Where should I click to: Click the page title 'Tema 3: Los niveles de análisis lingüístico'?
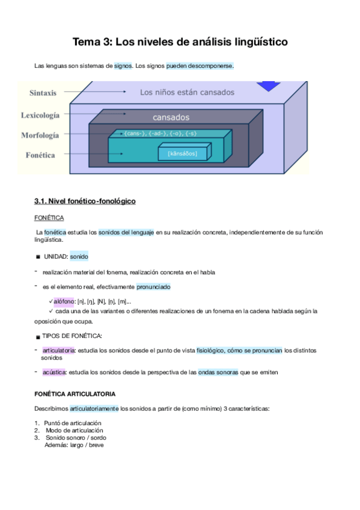180,42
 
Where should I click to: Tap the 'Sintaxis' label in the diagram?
43,93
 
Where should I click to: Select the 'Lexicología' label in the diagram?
40,114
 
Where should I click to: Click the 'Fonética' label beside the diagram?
40,155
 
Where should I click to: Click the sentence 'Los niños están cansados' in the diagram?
187,93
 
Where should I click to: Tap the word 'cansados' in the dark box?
171,117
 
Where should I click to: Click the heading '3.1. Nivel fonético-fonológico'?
85,201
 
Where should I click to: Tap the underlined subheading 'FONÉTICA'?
49,217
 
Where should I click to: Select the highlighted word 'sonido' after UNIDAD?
79,256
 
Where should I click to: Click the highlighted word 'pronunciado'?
153,287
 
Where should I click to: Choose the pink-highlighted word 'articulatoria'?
58,349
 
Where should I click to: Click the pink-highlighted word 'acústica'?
54,372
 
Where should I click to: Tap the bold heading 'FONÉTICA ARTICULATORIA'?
75,394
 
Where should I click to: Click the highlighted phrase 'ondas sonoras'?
218,372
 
